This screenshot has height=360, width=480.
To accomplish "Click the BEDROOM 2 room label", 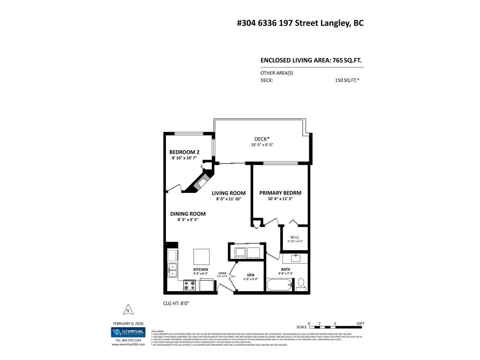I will pyautogui.click(x=184, y=152).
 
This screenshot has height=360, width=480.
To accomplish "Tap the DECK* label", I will pyautogui.click(x=262, y=139).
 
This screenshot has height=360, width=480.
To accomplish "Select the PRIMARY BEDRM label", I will pyautogui.click(x=280, y=193).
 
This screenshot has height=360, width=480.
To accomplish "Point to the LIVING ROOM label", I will pyautogui.click(x=229, y=193).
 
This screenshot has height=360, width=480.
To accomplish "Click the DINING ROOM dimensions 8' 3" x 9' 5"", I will pyautogui.click(x=188, y=220).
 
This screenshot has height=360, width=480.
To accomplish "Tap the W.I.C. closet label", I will pyautogui.click(x=295, y=237).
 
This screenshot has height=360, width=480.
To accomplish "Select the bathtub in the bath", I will pyautogui.click(x=279, y=285).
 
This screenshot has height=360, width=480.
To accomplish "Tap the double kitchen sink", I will pyautogui.click(x=172, y=270).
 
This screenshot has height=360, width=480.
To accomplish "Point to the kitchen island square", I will pyautogui.click(x=201, y=257).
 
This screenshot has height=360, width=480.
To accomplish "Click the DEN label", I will pyautogui.click(x=251, y=275).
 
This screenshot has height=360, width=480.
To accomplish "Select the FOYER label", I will pyautogui.click(x=222, y=273).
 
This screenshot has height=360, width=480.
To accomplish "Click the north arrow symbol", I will pyautogui.click(x=128, y=309).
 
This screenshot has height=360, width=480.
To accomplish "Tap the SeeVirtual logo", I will pyautogui.click(x=128, y=332).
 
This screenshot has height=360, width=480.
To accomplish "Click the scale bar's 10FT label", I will pyautogui.click(x=360, y=324).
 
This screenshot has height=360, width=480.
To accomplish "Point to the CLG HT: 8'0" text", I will pyautogui.click(x=176, y=303).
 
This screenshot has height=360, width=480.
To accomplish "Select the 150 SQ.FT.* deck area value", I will pyautogui.click(x=347, y=80).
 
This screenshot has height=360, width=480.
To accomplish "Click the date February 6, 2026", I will pyautogui.click(x=128, y=323).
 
